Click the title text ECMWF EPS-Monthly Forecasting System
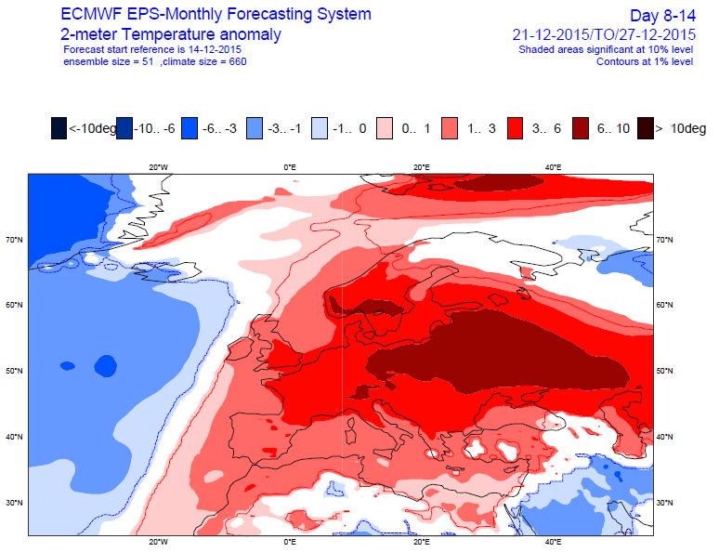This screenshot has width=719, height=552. [216, 15]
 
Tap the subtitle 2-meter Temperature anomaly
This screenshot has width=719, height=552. [171, 34]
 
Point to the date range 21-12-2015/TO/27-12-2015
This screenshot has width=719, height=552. [603, 34]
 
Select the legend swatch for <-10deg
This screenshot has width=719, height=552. [59, 129]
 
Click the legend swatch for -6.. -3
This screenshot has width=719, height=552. [190, 129]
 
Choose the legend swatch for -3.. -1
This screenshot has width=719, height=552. [255, 129]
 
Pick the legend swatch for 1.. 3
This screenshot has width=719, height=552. [450, 129]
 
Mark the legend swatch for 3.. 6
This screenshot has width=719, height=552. [515, 129]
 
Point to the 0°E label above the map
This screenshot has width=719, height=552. [290, 167]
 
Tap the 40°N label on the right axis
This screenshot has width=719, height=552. [665, 437]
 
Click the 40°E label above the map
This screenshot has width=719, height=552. [552, 167]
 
